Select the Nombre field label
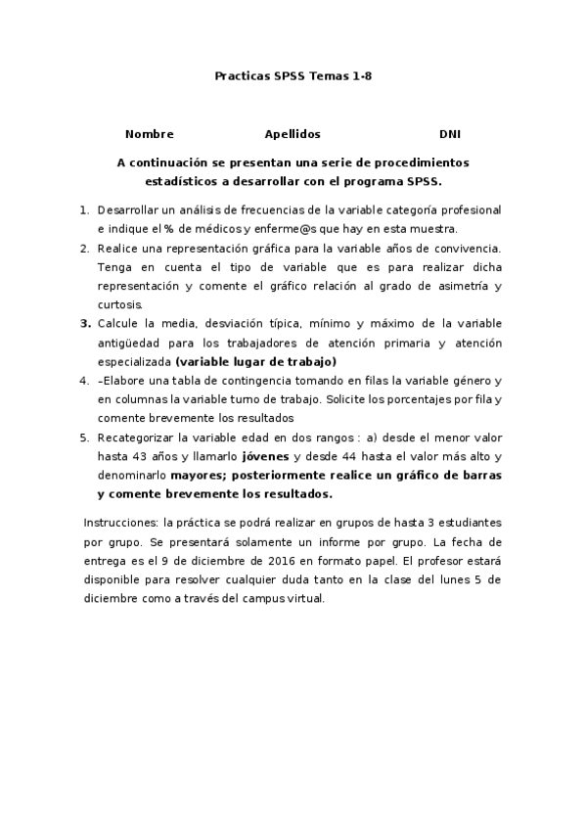click(x=149, y=134)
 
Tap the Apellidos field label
click(x=293, y=134)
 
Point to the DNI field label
click(x=450, y=134)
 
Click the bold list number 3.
click(x=86, y=324)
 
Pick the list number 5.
click(x=86, y=438)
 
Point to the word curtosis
click(x=120, y=304)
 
